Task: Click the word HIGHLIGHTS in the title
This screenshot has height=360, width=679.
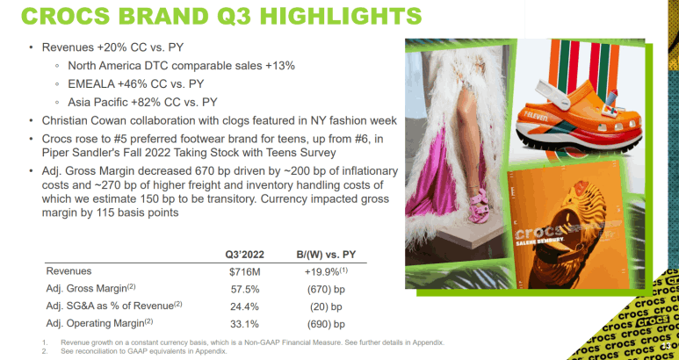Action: tap(340, 16)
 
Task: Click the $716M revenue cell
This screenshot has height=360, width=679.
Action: tap(244, 272)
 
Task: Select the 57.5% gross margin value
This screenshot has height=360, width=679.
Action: tap(244, 290)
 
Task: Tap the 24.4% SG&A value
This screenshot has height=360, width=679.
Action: tap(244, 306)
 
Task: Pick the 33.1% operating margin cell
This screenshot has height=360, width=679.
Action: tap(244, 324)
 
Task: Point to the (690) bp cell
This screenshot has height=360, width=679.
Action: tap(326, 325)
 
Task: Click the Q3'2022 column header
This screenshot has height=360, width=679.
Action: tap(244, 255)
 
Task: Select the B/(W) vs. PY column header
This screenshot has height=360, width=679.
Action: tap(326, 255)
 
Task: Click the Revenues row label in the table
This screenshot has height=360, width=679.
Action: tap(69, 271)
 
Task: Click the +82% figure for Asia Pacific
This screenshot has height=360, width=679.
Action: tap(144, 103)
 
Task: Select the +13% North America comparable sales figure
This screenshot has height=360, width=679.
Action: tap(280, 66)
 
